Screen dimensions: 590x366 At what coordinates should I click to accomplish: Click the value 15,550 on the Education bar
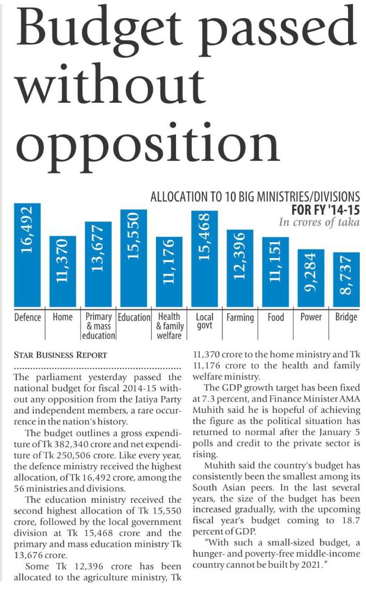click(x=134, y=236)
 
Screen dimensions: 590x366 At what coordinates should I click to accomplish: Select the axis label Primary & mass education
click(x=99, y=326)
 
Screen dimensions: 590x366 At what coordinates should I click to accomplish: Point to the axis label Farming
click(x=240, y=318)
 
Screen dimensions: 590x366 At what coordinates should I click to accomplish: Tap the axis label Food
click(x=276, y=318)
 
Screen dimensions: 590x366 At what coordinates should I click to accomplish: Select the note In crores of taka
click(x=319, y=222)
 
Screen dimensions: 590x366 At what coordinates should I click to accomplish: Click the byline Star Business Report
click(x=61, y=355)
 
